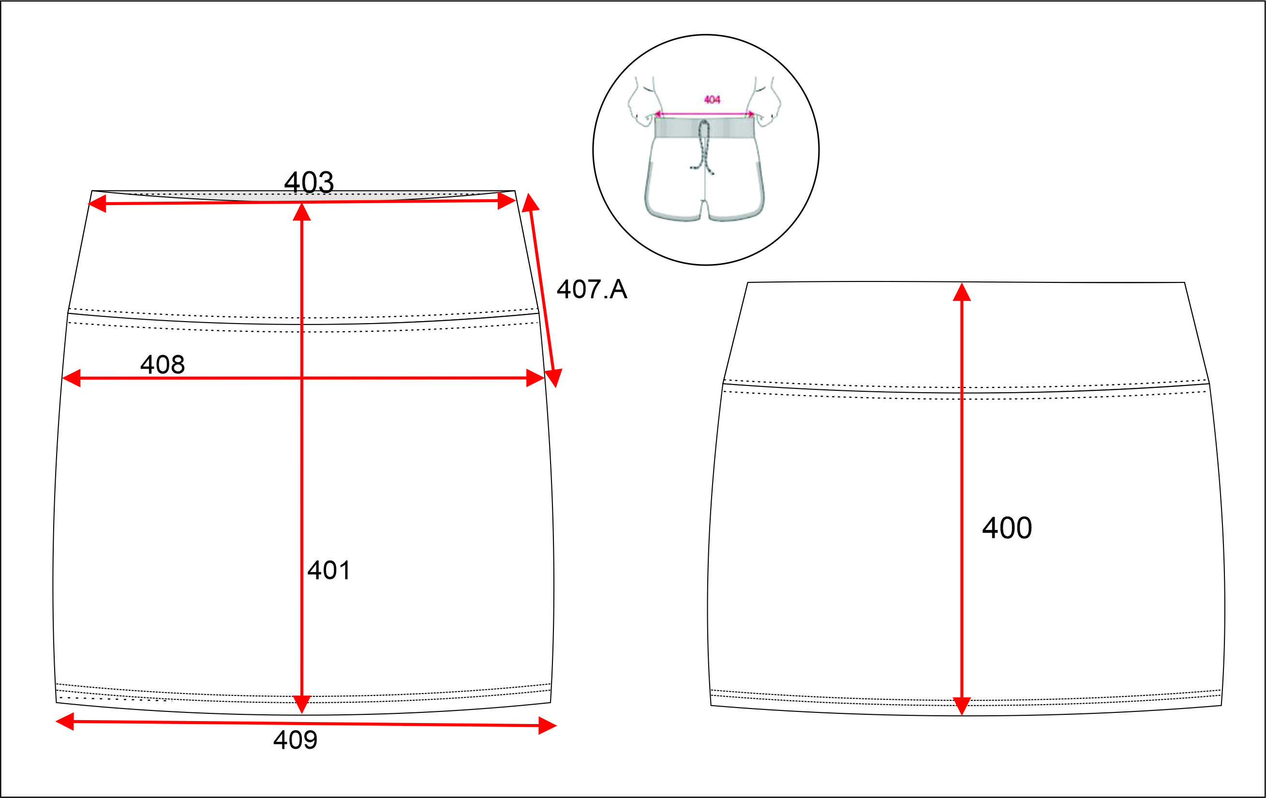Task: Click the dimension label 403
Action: click(x=309, y=182)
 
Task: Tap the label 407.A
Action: click(x=592, y=289)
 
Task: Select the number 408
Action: click(x=163, y=364)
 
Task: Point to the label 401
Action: click(x=328, y=570)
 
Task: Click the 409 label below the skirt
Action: click(x=296, y=739)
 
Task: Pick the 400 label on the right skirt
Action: click(x=1007, y=528)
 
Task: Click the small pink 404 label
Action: click(x=712, y=99)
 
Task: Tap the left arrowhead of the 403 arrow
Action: click(x=97, y=204)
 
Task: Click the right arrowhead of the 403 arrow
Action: click(x=507, y=200)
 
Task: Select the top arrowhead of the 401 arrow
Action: click(x=302, y=211)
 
